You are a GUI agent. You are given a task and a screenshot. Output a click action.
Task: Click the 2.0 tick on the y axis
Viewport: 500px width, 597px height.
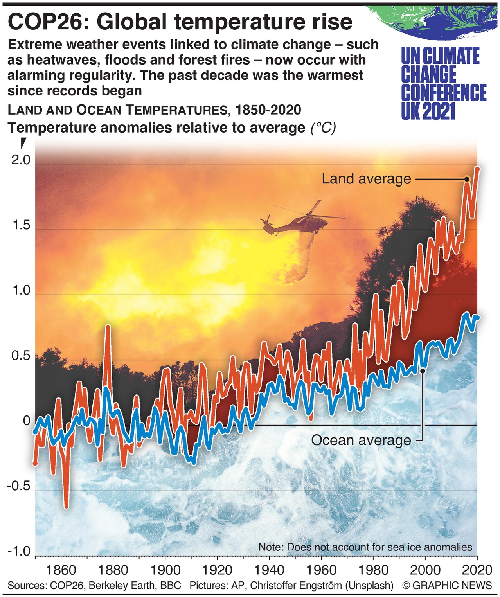click(x=21, y=160)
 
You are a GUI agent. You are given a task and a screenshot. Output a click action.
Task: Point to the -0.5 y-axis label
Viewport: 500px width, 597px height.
click(x=18, y=486)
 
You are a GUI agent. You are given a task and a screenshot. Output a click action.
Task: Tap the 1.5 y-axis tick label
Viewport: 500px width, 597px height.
click(x=21, y=226)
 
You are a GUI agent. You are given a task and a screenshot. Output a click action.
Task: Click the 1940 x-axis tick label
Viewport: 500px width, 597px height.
click(x=268, y=570)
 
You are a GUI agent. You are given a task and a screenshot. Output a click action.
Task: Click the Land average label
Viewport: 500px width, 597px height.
click(x=366, y=179)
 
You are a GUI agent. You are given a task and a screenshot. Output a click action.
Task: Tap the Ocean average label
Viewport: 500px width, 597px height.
click(x=361, y=440)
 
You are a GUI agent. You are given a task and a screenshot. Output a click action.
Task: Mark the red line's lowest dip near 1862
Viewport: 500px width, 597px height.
click(x=66, y=506)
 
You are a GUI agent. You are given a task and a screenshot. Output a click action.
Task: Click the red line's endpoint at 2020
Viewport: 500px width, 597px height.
click(x=477, y=169)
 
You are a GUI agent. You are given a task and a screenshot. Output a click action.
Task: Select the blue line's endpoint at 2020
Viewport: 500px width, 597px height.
click(x=477, y=317)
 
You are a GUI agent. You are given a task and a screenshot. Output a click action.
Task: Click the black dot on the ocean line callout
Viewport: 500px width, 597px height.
click(x=423, y=370)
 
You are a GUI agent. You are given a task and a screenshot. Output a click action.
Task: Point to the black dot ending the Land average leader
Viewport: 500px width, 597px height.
click(x=467, y=179)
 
